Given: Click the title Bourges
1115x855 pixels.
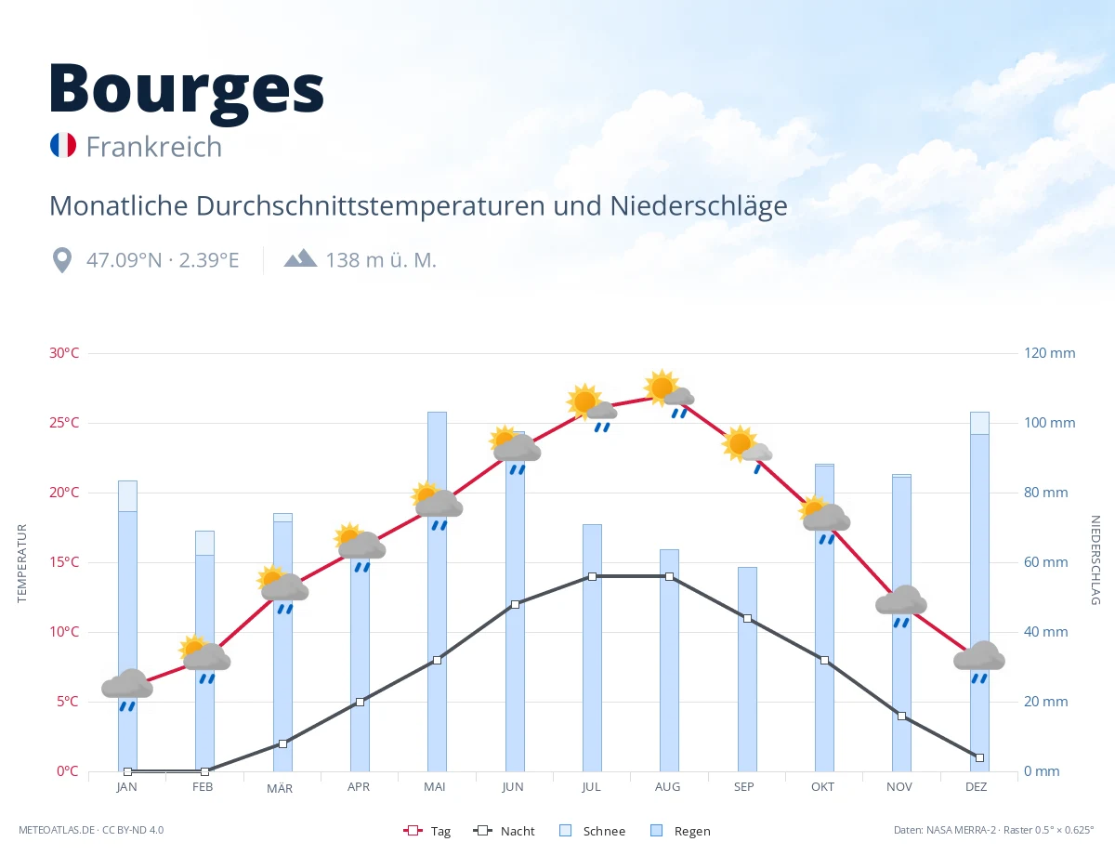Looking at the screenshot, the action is [187, 90].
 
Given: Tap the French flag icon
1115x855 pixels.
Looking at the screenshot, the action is [63, 145].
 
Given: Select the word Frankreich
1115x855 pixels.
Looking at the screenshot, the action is [154, 147].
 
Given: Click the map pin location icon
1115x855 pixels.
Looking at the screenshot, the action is [62, 260].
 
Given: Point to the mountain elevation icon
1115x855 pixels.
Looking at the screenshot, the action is [301, 258].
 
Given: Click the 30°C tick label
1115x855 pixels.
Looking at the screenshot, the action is [64, 353].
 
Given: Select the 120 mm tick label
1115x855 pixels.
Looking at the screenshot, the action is [1049, 353].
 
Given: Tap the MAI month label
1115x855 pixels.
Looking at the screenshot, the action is [435, 787].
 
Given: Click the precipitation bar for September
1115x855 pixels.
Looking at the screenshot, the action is [747, 669].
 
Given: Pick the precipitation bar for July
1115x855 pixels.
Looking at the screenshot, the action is [592, 648].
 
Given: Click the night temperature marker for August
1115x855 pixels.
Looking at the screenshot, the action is [669, 577].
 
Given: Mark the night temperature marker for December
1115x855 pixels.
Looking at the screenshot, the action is [979, 758].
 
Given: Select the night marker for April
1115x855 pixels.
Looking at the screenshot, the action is [360, 702].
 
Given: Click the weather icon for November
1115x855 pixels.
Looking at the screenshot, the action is [901, 606].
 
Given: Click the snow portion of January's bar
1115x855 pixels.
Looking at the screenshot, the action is [128, 495].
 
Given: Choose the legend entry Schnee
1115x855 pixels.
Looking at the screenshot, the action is [593, 831].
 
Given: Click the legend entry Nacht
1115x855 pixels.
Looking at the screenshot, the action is [504, 831].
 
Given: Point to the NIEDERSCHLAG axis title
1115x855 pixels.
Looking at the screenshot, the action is [1095, 559].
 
